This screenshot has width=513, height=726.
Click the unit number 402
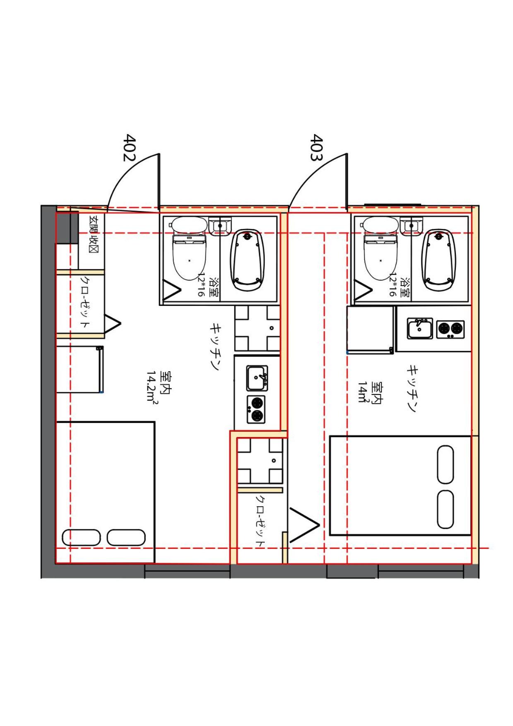(130, 147)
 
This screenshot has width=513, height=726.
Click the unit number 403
(317, 148)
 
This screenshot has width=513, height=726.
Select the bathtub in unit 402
(247, 261)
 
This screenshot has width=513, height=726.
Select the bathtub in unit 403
(439, 261)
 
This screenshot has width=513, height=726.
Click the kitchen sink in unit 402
(257, 378)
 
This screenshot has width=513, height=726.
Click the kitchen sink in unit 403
(420, 328)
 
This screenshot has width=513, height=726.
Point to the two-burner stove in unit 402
(256, 409)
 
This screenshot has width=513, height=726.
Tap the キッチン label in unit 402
(216, 346)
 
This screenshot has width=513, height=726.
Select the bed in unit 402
(105, 493)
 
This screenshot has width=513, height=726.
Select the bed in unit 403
(400, 485)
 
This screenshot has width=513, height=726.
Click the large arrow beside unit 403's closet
(304, 525)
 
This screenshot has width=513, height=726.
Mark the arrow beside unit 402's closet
(112, 324)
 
